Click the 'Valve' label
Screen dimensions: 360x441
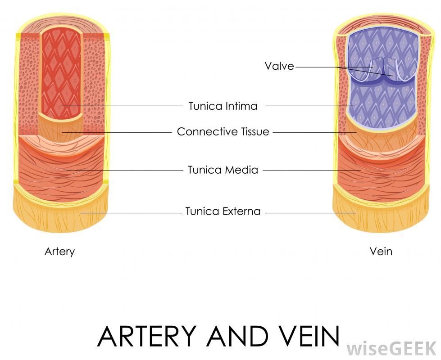coord(279,66)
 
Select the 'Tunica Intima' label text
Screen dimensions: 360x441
coord(223,106)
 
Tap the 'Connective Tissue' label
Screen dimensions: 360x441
coord(223,132)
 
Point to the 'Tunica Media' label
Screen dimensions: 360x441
coord(223,170)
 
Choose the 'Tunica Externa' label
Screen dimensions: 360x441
coord(223,211)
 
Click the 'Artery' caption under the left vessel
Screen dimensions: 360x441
coord(59,252)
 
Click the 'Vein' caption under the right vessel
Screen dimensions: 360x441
coord(381,252)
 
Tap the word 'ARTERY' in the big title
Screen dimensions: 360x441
coord(147,336)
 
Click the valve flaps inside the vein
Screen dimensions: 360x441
coord(383,72)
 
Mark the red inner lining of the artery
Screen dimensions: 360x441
coord(61,72)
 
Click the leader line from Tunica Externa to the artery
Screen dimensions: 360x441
coord(131,212)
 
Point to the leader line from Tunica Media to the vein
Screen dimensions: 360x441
coord(311,171)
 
